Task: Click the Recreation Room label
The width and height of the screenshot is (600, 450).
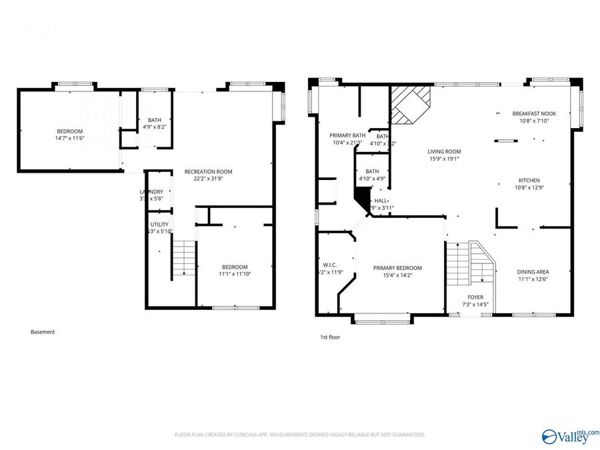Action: [x=208, y=171]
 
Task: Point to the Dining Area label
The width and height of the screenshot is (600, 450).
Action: [x=533, y=272]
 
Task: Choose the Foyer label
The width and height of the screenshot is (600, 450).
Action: [x=475, y=297]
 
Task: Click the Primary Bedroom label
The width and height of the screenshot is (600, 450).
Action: [x=402, y=268]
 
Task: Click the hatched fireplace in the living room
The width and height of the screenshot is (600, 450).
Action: [x=409, y=105]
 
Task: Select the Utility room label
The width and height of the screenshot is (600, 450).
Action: [x=159, y=225]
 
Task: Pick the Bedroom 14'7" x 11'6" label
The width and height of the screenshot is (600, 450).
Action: [x=69, y=131]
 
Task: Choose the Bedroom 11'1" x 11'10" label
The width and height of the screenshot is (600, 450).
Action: [x=235, y=267]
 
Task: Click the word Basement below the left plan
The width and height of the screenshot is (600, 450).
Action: [x=43, y=332]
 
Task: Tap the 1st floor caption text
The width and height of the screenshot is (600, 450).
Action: [x=330, y=337]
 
